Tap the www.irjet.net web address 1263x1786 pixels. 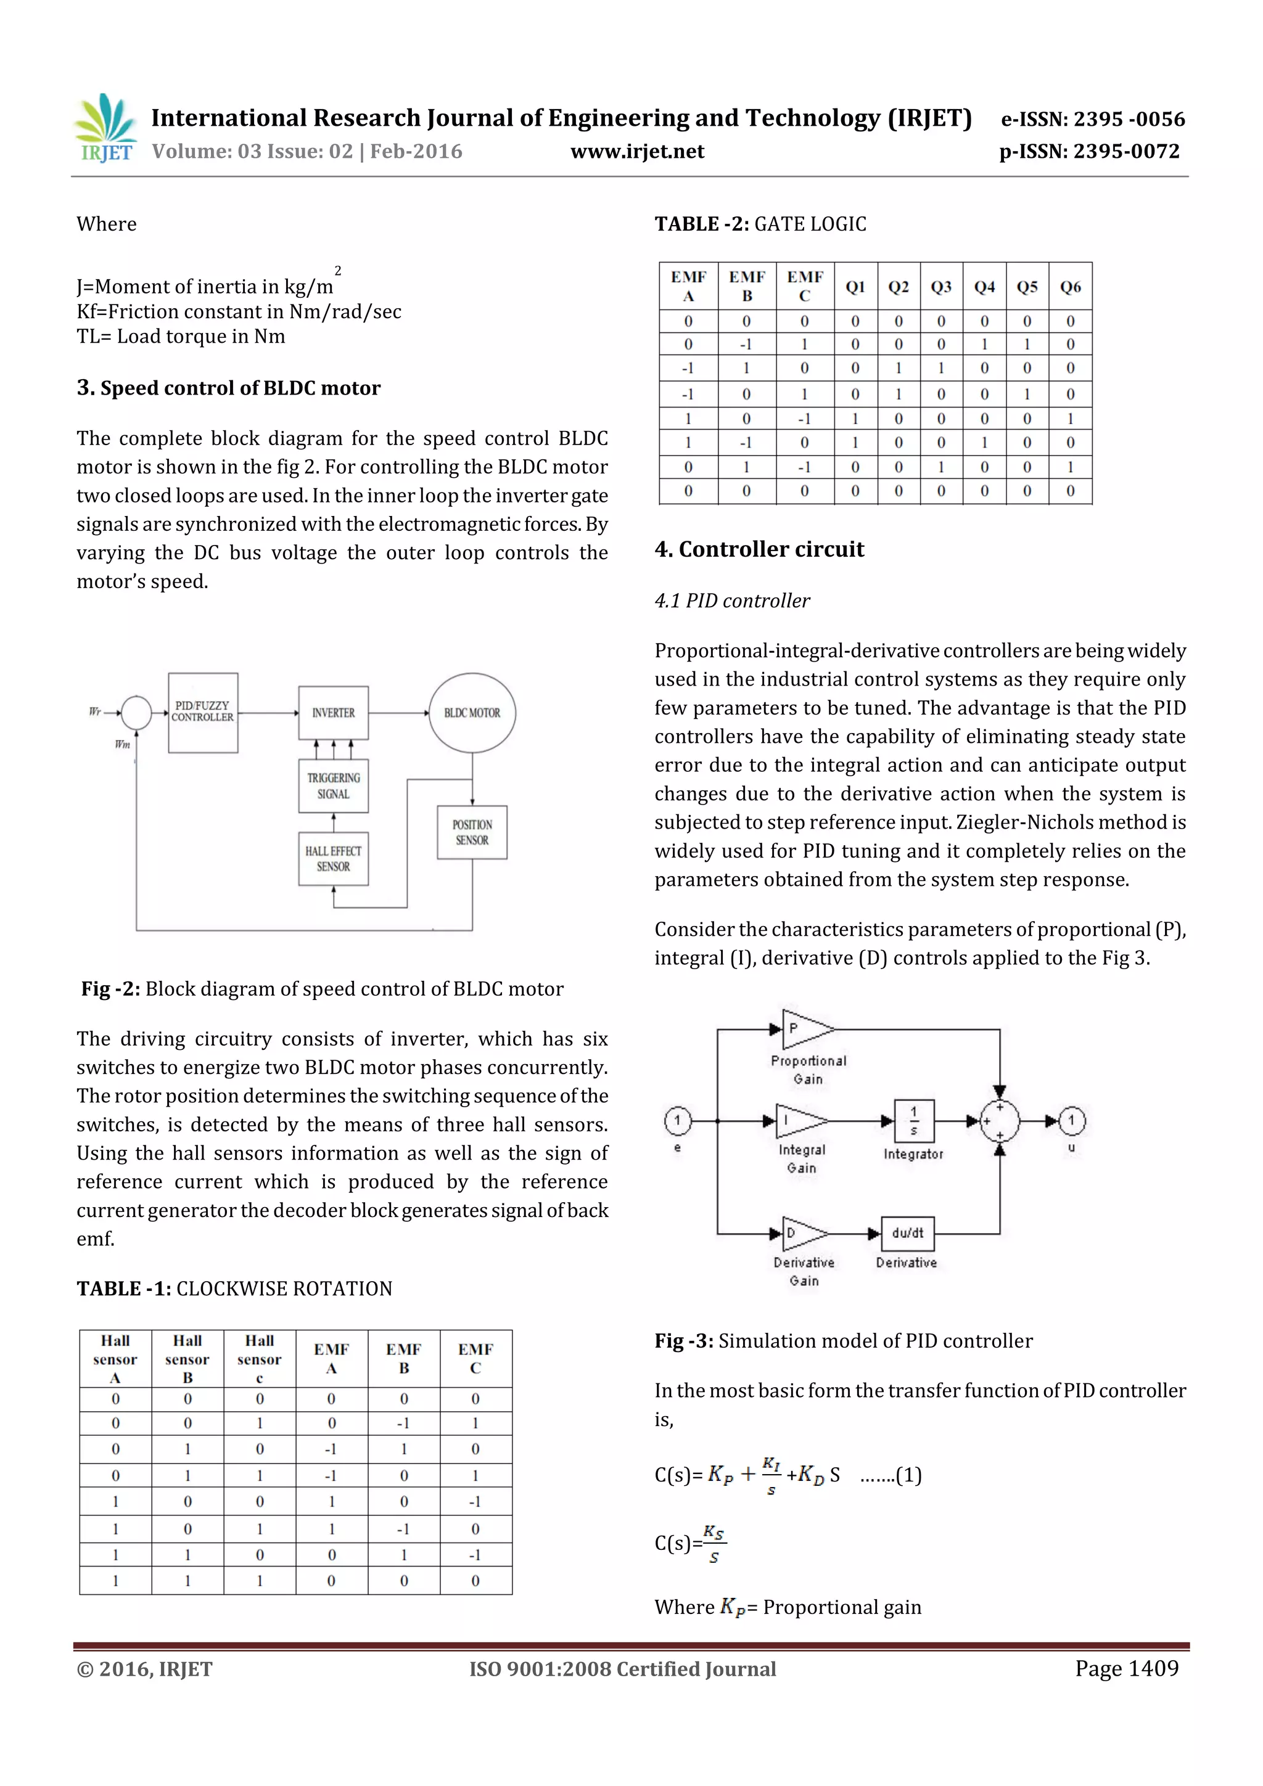[x=636, y=152]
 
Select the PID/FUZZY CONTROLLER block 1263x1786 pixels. [x=203, y=713]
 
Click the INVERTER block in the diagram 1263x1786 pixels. [x=333, y=713]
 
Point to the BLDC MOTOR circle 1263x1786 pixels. [x=472, y=713]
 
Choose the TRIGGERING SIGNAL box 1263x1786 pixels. [x=333, y=785]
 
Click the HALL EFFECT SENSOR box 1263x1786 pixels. [x=333, y=859]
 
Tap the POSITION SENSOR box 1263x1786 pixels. [x=472, y=832]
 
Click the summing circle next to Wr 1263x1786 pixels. [x=137, y=713]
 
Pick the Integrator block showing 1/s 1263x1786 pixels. [x=913, y=1121]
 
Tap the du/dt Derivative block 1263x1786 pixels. [x=907, y=1233]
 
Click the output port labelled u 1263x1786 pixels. [x=1072, y=1121]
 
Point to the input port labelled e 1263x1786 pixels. [x=678, y=1121]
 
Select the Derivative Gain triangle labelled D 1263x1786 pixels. [x=802, y=1233]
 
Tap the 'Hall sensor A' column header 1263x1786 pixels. [x=115, y=1359]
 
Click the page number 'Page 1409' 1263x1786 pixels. [x=1126, y=1668]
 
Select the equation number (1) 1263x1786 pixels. [x=908, y=1475]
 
